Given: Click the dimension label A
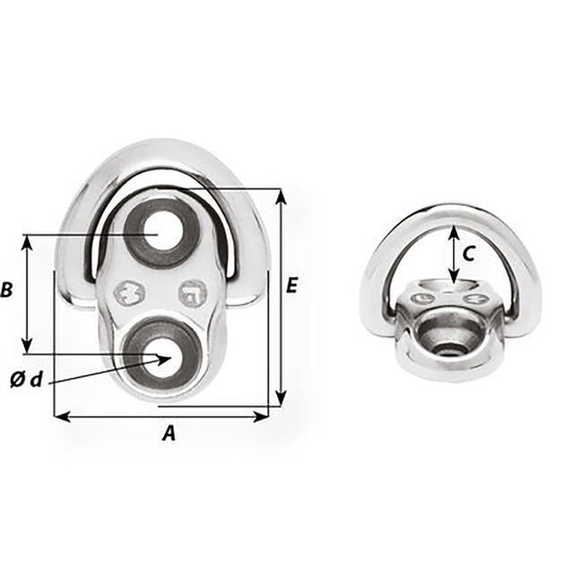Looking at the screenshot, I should pyautogui.click(x=168, y=434).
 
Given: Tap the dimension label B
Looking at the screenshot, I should pyautogui.click(x=7, y=291).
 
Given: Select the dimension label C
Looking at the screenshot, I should pyautogui.click(x=468, y=254).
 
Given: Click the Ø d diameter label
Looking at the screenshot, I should pyautogui.click(x=26, y=379).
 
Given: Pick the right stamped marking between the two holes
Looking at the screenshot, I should pyautogui.click(x=192, y=291).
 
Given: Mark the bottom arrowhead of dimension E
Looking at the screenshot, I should pyautogui.click(x=281, y=400).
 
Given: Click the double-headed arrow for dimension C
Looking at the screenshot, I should pyautogui.click(x=454, y=254).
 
